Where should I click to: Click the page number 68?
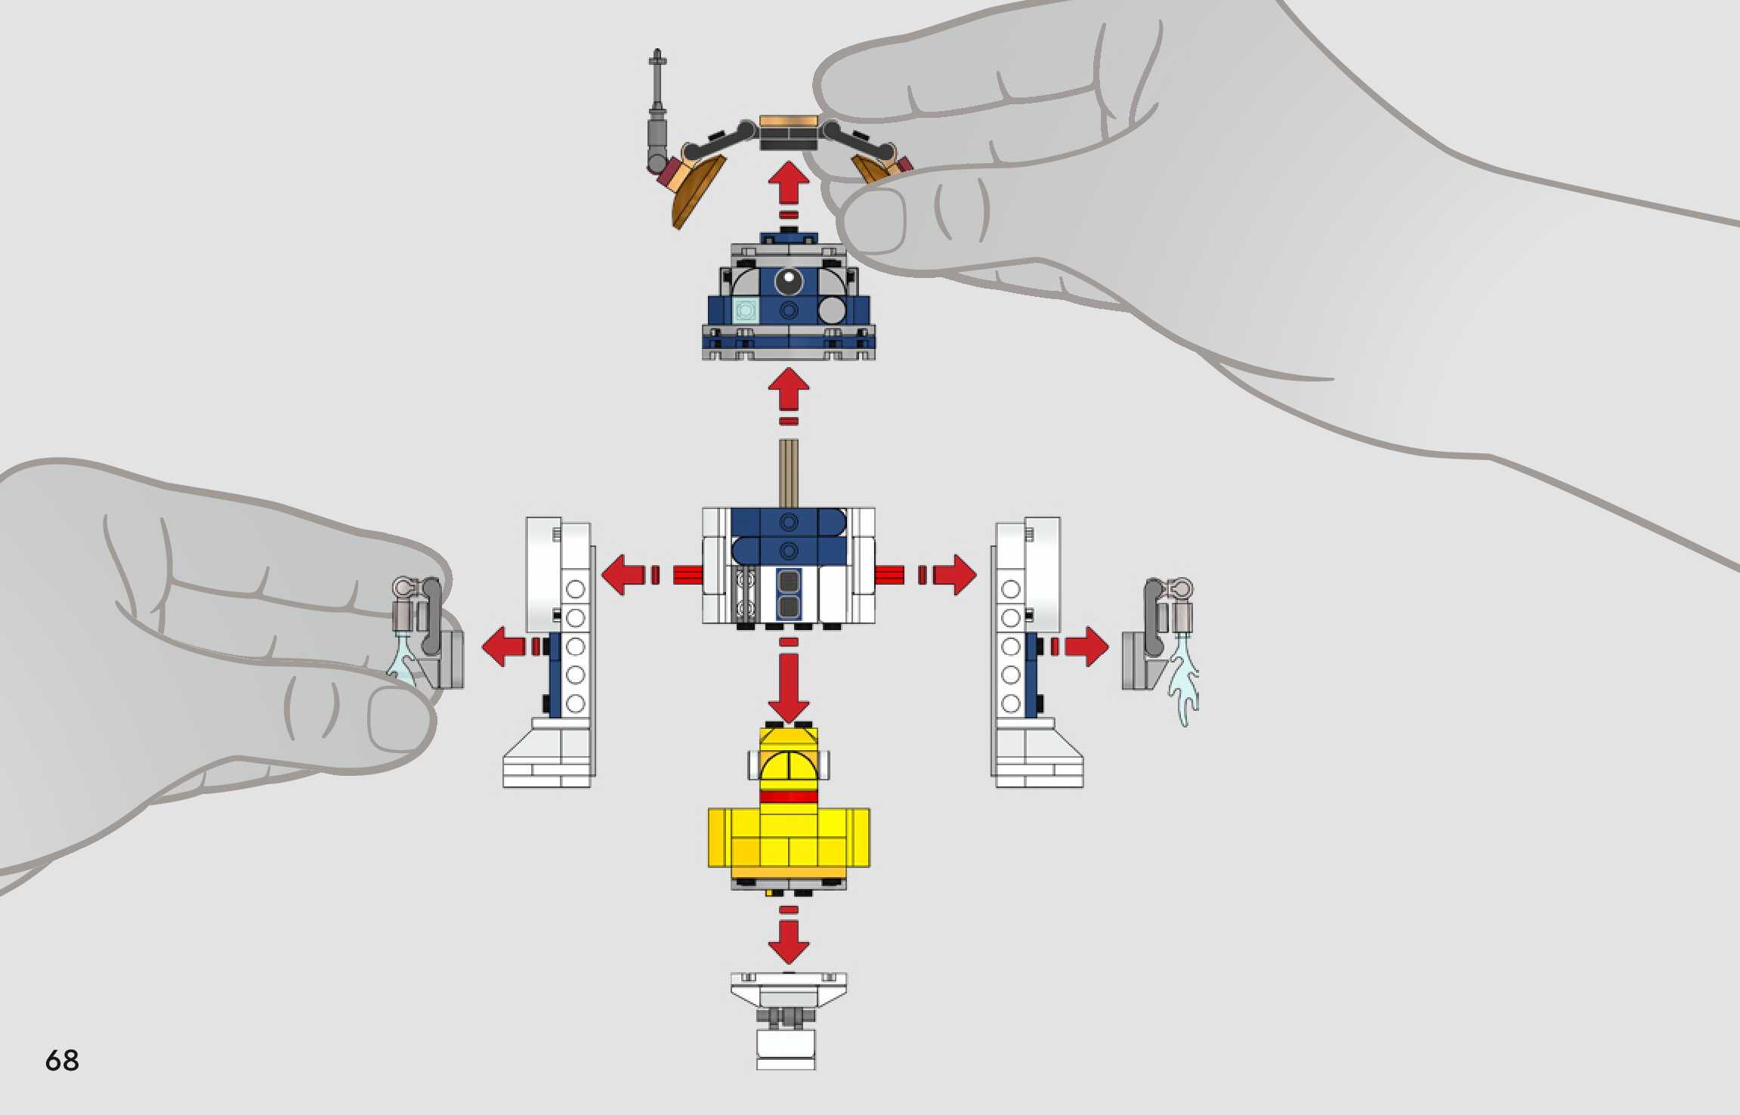62,1060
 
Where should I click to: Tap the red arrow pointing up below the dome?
789,396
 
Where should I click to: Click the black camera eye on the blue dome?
789,280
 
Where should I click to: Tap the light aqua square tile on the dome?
746,310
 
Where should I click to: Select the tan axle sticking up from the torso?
789,473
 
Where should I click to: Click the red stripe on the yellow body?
789,797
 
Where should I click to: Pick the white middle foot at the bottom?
788,1020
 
